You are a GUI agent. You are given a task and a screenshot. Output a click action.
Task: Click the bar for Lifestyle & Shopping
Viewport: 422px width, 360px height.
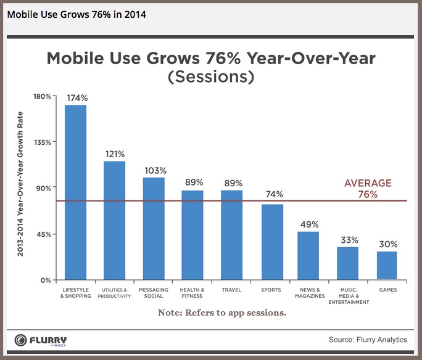75,192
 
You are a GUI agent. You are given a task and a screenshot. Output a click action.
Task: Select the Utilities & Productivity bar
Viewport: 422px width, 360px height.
114,220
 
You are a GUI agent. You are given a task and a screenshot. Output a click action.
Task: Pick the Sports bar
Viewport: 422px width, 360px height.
272,242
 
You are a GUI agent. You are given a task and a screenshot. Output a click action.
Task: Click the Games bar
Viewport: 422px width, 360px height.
387,265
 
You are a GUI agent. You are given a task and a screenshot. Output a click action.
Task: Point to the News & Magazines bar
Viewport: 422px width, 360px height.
308,255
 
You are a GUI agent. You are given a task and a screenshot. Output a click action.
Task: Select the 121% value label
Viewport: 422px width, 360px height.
114,153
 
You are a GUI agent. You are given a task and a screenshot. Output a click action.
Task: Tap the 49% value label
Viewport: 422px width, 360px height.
308,224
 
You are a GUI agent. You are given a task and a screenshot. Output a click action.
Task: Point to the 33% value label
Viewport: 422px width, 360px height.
347,240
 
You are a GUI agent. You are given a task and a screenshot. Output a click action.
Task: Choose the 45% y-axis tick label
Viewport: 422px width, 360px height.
43,234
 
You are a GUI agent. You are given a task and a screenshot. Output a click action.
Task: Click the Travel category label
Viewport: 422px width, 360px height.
231,290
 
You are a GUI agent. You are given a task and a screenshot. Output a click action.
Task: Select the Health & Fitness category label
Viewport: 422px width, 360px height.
192,292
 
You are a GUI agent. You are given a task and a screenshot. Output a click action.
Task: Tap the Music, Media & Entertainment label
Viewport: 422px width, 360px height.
349,296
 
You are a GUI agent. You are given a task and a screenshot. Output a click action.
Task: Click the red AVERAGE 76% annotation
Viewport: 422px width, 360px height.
368,189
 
